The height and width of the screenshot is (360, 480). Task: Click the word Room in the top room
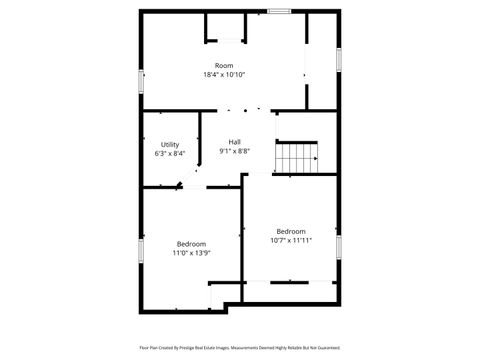pos(224,66)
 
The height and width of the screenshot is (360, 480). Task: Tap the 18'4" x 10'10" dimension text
pos(224,75)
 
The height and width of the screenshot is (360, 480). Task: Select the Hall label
pos(234,142)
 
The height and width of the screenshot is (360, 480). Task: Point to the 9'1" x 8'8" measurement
pos(234,151)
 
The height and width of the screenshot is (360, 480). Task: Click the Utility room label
pos(170,145)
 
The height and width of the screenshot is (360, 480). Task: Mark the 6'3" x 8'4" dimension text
pos(170,154)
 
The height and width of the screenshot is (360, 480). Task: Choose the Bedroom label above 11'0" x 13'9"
pos(191,244)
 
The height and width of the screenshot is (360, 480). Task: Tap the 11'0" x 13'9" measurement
pos(191,253)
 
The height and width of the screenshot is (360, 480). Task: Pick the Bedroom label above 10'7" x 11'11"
pos(291,231)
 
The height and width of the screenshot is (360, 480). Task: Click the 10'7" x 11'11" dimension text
pos(291,240)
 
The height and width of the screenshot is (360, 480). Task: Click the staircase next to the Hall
pos(297,158)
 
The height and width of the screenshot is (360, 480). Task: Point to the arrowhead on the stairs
pos(315,158)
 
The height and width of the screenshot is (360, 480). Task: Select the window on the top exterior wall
pos(279,11)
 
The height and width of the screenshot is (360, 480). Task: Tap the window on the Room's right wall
pos(339,59)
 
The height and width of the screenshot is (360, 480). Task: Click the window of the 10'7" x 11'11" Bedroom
pos(339,247)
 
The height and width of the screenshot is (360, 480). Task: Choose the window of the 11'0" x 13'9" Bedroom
pos(140,250)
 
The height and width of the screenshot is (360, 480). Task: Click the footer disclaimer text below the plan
pos(240,348)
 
